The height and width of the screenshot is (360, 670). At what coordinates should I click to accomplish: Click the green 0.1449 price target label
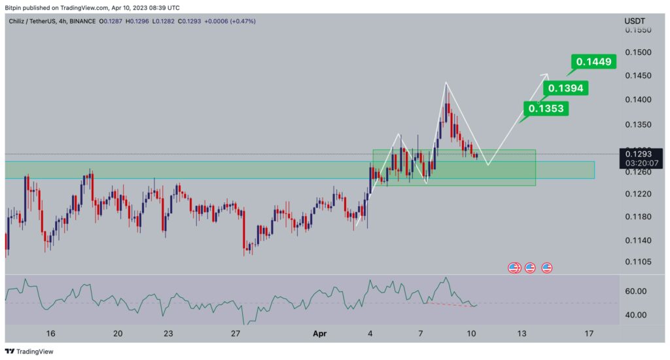[x=594, y=62]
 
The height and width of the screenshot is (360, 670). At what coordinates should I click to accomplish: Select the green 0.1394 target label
[x=567, y=88]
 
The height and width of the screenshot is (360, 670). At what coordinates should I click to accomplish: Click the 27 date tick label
[x=237, y=334]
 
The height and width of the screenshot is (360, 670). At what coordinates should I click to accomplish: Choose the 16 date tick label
[x=51, y=334]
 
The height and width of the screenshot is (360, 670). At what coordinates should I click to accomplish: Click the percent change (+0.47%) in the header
[x=241, y=21]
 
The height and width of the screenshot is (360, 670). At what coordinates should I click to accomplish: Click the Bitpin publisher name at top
[x=14, y=8]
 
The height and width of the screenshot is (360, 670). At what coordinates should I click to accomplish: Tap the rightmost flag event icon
[x=546, y=268]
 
